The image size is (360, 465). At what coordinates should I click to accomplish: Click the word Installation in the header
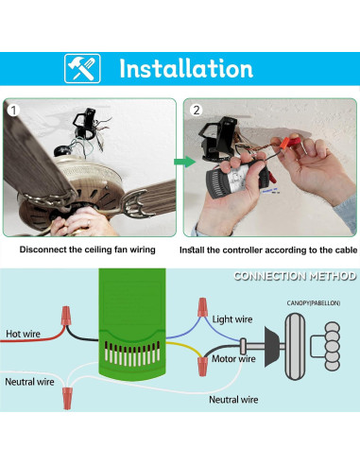coord(185,68)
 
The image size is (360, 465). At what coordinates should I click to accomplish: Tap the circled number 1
coord(13,111)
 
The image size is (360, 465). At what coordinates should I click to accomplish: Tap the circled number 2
coord(196,111)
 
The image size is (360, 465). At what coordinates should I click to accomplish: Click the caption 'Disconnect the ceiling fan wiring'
coord(89,251)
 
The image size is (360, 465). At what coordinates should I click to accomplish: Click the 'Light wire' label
coord(233,319)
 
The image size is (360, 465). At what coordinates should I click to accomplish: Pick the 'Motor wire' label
coord(232,359)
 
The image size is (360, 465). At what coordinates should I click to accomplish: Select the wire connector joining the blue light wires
coord(201,306)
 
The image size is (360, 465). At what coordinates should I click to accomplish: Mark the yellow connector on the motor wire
coord(201,363)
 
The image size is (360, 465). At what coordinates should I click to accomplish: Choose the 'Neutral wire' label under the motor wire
coord(233,400)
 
